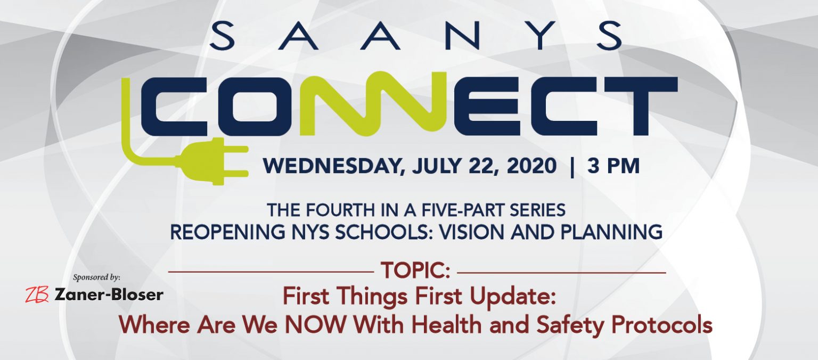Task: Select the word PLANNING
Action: click(x=611, y=232)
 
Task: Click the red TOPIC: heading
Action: click(x=415, y=271)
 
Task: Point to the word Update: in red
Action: click(x=513, y=296)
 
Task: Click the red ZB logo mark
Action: click(x=37, y=294)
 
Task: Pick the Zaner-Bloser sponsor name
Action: click(x=109, y=295)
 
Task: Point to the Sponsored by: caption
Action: click(x=96, y=277)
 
